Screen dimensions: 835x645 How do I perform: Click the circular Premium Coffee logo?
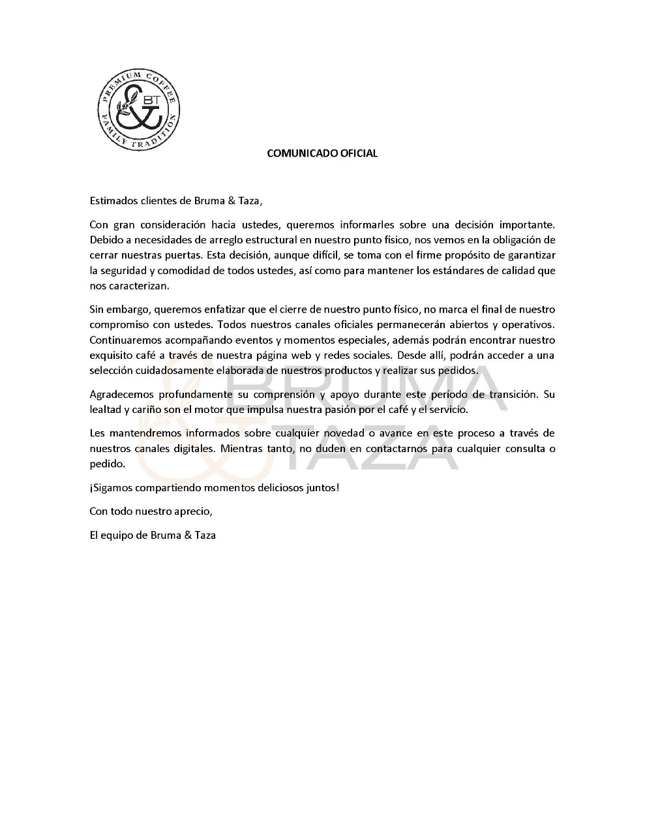coord(139,109)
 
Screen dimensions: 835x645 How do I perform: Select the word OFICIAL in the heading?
coord(357,153)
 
